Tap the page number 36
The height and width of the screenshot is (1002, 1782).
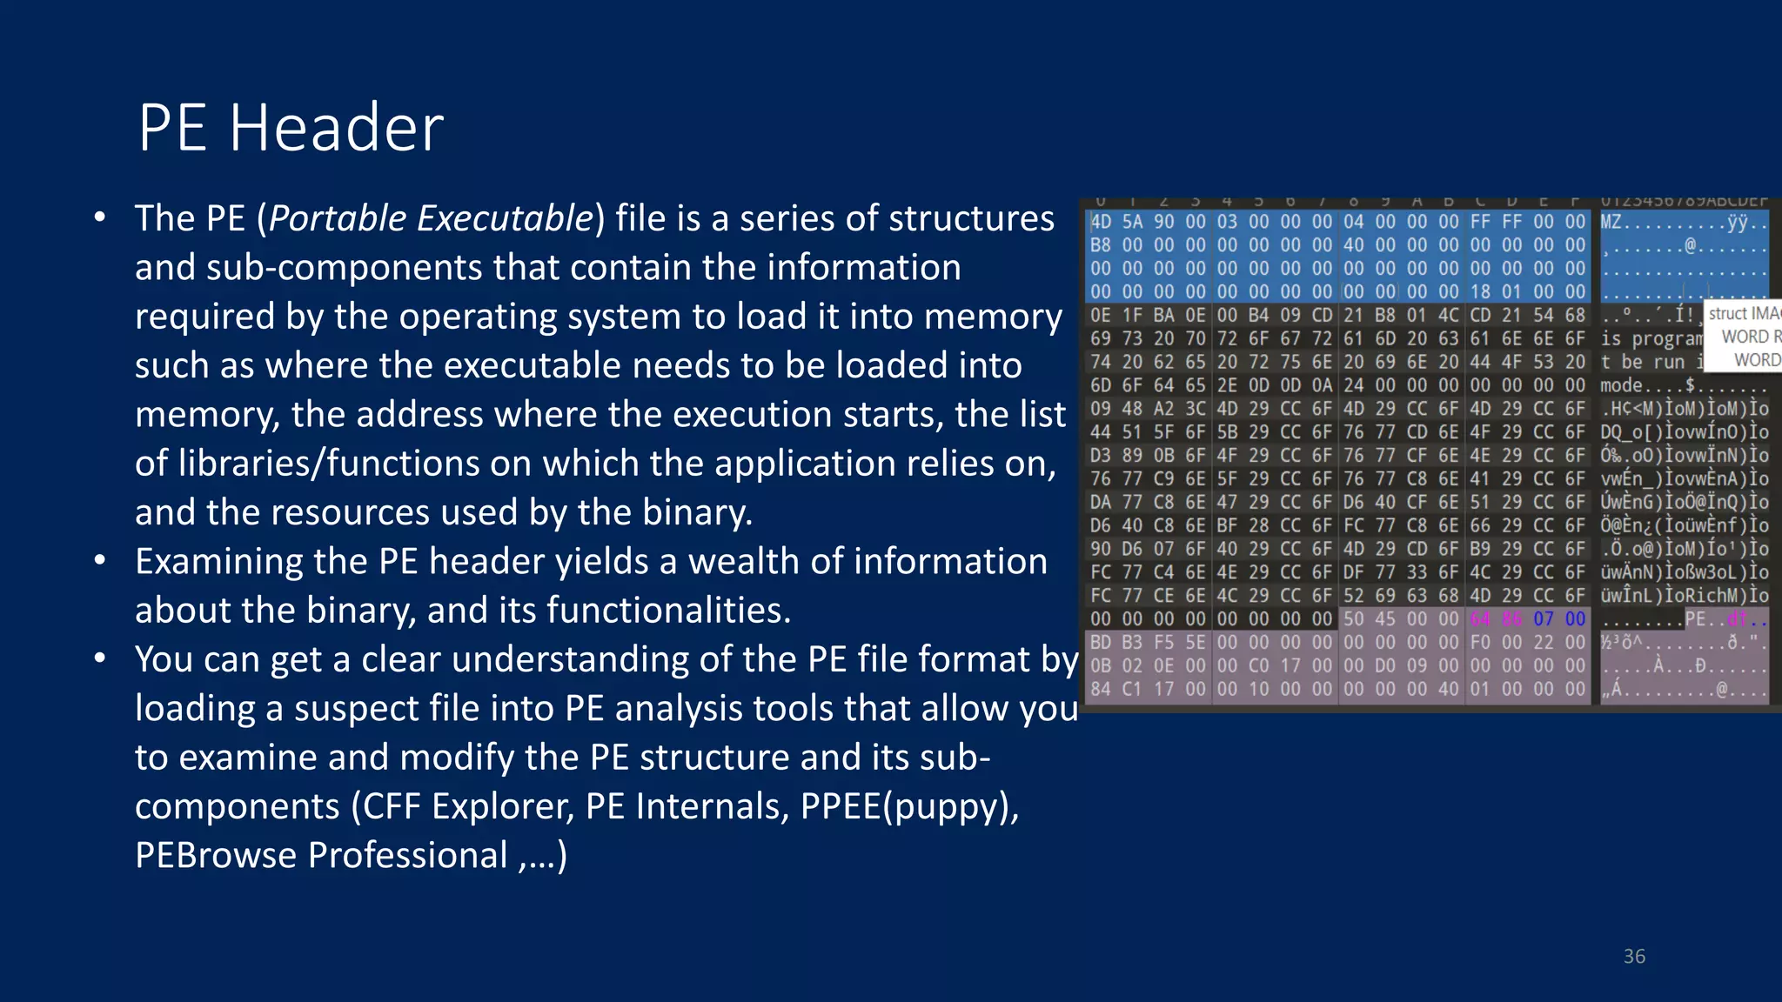click(1634, 957)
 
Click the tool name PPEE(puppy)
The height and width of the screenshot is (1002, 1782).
click(909, 807)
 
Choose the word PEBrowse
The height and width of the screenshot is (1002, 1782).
click(216, 856)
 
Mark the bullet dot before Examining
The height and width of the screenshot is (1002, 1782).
click(101, 562)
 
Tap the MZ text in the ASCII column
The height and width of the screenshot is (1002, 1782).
click(1611, 222)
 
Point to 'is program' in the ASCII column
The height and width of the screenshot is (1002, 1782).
click(1651, 339)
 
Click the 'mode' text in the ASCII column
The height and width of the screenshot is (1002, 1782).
click(1621, 385)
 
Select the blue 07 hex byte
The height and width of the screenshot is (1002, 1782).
click(1544, 619)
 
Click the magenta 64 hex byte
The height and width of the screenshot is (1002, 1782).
click(1480, 619)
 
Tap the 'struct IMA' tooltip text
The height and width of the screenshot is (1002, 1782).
click(1743, 314)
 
